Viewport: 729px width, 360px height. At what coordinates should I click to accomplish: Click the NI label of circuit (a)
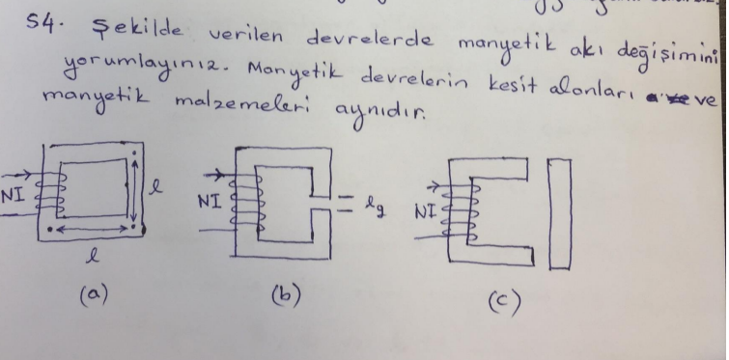coord(13,192)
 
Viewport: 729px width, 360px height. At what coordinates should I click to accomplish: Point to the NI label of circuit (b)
coord(210,202)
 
